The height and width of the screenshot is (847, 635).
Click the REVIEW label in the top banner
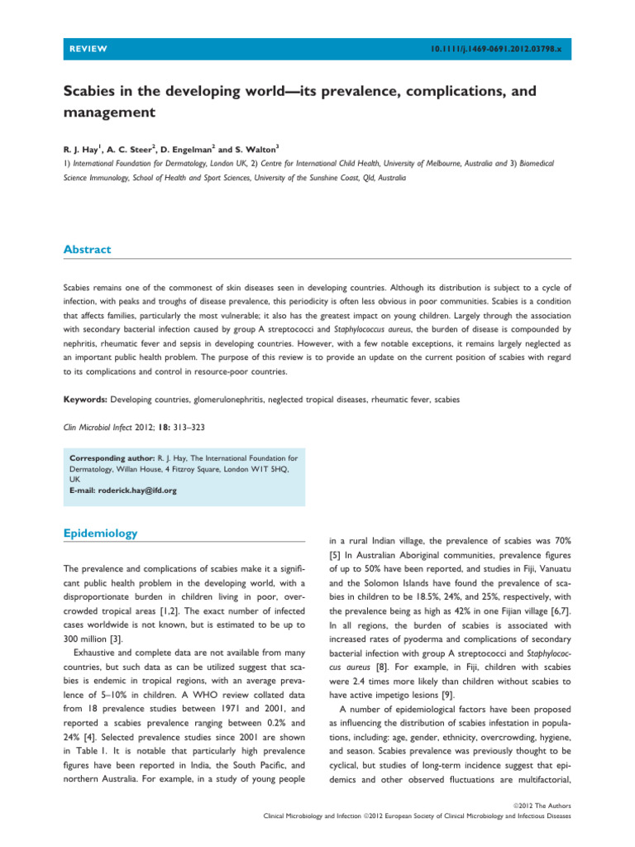(88, 49)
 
